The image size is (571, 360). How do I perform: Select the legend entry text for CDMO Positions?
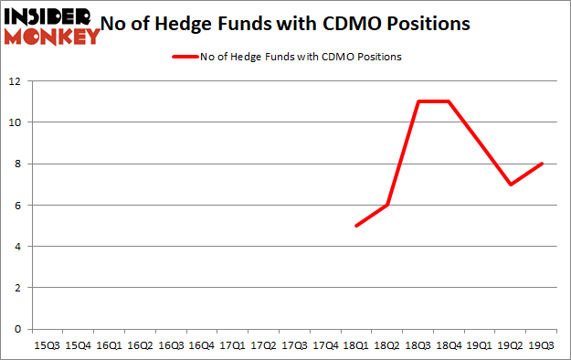click(301, 57)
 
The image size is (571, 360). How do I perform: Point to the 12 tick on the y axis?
click(16, 80)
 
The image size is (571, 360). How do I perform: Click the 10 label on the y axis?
click(16, 122)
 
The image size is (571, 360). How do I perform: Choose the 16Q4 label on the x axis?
click(202, 345)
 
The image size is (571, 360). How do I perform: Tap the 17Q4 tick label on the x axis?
click(326, 345)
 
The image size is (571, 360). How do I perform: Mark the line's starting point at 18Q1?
click(356, 226)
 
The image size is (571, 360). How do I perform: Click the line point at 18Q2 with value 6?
click(387, 205)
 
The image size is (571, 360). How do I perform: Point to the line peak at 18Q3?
click(418, 101)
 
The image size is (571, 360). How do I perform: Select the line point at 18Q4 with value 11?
click(449, 101)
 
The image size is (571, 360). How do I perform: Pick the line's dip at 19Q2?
click(512, 185)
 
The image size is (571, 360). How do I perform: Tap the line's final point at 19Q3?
click(543, 164)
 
